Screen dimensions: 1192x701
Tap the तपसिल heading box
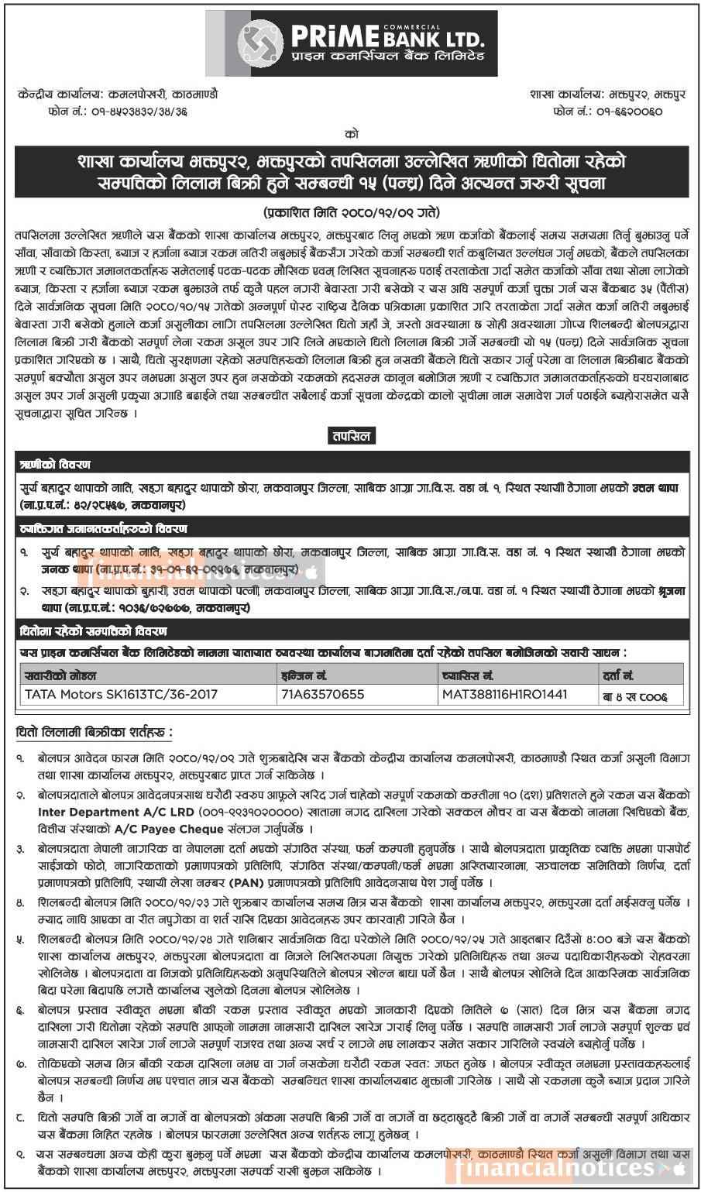351,436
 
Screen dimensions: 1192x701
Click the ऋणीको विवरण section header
57,465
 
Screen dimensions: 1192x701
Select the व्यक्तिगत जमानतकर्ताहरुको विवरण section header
104,529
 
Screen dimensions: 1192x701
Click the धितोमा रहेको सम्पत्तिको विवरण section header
94,631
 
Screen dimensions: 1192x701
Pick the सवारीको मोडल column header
61,675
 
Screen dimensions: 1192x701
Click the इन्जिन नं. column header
304,675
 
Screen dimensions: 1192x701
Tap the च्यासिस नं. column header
468,675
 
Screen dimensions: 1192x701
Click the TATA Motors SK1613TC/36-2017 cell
122,694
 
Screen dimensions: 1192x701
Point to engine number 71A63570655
323,694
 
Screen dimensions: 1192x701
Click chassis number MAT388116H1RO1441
504,694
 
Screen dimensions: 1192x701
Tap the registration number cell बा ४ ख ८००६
634,696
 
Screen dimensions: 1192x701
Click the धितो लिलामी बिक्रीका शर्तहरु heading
94,732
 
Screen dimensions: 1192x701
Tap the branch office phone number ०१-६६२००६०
619,112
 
